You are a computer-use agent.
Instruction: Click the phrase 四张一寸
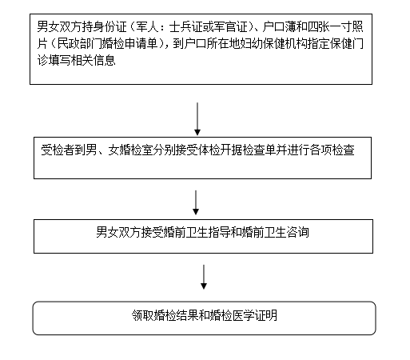coord(330,26)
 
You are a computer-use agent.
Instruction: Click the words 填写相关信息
coord(82,60)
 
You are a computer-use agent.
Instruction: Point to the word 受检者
coord(58,150)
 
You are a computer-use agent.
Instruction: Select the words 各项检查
coord(332,150)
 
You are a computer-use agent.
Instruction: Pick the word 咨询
coord(297,232)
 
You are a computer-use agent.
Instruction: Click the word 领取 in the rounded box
coord(143,315)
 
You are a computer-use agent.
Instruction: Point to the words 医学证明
coord(255,315)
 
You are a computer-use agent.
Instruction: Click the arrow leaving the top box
coord(197,118)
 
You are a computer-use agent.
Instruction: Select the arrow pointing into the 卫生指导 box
coord(196,202)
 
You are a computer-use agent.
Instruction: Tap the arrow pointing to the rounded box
coord(204,277)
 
